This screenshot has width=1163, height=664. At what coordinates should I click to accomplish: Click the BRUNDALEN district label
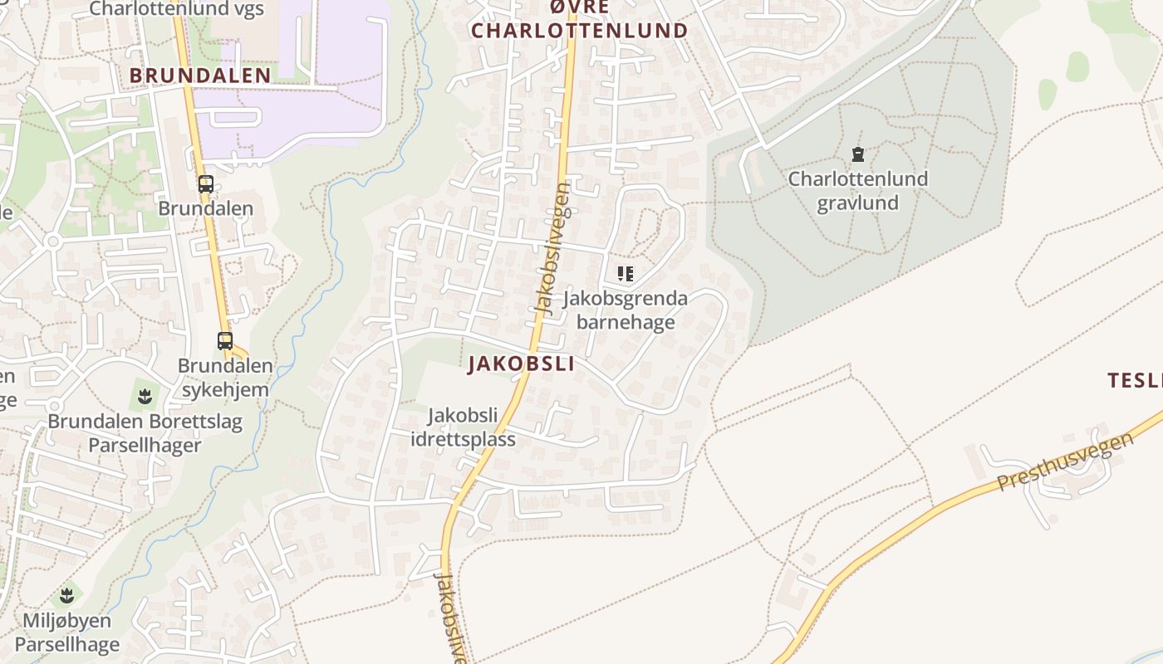coord(200,76)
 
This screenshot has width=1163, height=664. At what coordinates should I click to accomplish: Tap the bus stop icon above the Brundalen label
coord(206,184)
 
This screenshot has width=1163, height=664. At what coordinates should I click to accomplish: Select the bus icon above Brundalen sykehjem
coord(225,340)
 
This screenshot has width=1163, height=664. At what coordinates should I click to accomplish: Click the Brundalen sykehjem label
coord(224,378)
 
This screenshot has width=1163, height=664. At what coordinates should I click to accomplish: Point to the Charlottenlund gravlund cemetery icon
coord(857,154)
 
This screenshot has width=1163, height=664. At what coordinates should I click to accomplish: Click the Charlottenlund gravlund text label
coord(857,191)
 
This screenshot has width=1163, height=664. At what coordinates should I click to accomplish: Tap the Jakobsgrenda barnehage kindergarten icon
coord(626,273)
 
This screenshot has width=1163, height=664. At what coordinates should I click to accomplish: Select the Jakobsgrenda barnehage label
coord(626,310)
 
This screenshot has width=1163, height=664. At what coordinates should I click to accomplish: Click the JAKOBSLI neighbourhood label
coord(521,364)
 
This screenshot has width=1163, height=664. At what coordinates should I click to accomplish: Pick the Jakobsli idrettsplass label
coord(463,427)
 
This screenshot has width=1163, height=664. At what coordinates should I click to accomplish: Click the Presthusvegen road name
coord(1066,460)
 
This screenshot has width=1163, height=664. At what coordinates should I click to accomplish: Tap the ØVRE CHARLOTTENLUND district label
coord(580,20)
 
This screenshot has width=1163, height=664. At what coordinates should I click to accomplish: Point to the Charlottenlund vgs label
coord(176,9)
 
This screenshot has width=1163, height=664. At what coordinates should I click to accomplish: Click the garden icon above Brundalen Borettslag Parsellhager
coord(145,395)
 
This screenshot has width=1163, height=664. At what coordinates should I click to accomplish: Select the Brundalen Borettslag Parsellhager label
coord(145,433)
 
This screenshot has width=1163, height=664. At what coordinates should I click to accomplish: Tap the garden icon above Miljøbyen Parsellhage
coord(67,595)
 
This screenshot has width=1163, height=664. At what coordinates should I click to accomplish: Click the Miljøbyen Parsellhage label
coord(67,632)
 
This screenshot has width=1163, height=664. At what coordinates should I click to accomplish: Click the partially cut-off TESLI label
coord(1136,381)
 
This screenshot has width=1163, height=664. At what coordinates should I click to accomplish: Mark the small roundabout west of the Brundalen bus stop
coord(52,242)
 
